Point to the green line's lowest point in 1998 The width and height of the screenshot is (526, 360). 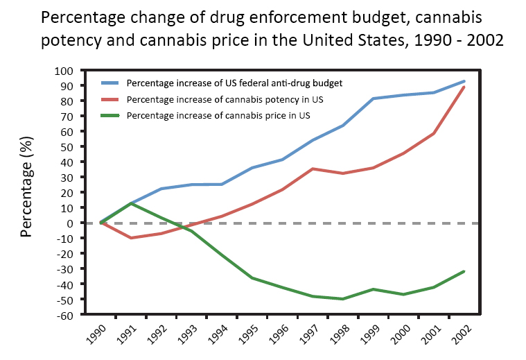coord(342,299)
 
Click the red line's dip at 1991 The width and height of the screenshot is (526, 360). coord(132,238)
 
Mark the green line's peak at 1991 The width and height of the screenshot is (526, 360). coord(132,203)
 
